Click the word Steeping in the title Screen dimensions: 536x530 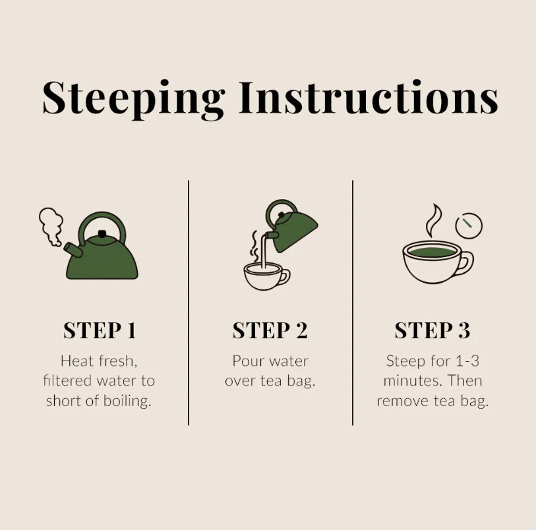[x=134, y=100]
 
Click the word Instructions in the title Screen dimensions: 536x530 [x=369, y=98]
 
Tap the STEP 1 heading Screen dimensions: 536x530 [x=100, y=330]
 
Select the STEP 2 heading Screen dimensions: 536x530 [x=270, y=330]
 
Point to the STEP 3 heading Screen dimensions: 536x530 [x=432, y=330]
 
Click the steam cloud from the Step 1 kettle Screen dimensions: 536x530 [x=51, y=225]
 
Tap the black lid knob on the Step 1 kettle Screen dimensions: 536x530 [x=102, y=234]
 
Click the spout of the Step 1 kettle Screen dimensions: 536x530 [x=73, y=249]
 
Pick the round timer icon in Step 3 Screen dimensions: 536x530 [x=469, y=225]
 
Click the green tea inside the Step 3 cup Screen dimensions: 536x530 [x=432, y=252]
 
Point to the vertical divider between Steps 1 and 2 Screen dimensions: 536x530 [x=189, y=303]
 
